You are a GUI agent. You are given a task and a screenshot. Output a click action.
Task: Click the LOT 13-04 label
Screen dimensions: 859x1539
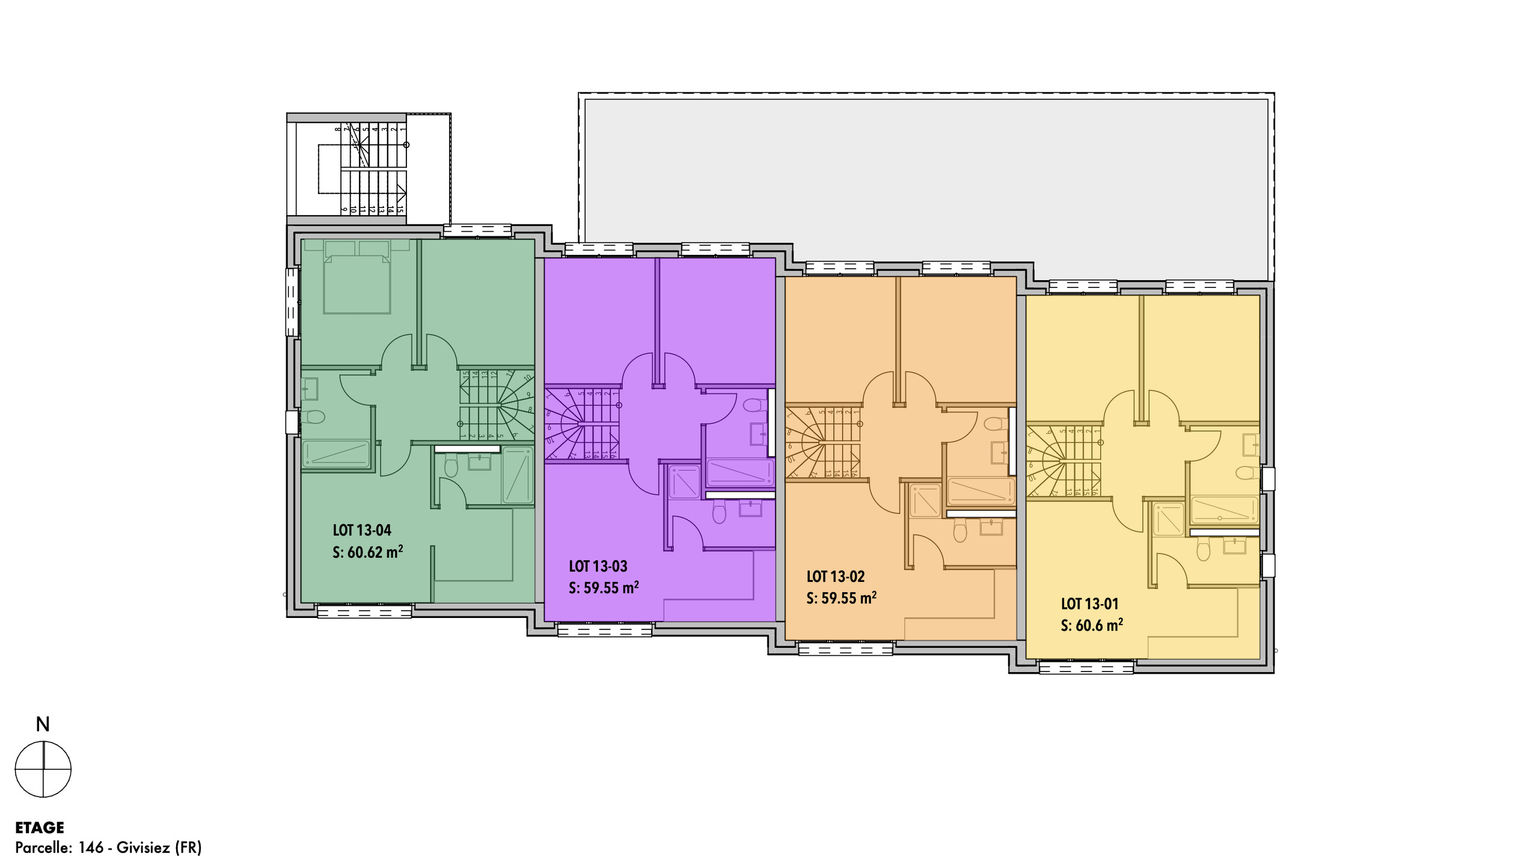[x=362, y=530]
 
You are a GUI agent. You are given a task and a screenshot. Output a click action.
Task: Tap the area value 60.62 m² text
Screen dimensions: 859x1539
[x=367, y=552]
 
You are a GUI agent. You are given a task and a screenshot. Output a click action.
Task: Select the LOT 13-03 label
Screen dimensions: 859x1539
[x=598, y=566]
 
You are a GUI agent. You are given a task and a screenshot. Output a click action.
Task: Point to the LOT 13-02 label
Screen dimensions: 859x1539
[x=836, y=576]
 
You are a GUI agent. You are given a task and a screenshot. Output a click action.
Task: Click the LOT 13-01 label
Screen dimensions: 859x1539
[x=1089, y=604]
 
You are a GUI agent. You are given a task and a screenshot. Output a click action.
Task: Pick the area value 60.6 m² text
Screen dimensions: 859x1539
[x=1092, y=625]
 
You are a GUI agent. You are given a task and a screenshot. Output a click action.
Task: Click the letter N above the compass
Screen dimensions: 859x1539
[x=43, y=725]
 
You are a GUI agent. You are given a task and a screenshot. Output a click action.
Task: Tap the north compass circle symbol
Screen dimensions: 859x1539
[x=43, y=769]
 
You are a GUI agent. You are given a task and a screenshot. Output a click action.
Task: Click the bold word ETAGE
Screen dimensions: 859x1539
[x=40, y=828]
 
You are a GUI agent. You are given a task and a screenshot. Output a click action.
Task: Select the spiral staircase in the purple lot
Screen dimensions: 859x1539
[x=582, y=424]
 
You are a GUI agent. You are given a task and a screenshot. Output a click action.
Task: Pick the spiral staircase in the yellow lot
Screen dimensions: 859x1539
[x=1064, y=461]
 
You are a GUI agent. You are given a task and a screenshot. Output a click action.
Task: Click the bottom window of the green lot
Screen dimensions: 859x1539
[x=364, y=612]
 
